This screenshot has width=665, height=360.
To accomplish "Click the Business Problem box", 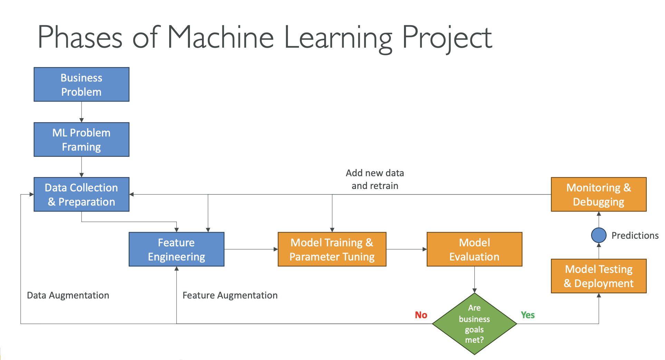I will (81, 84).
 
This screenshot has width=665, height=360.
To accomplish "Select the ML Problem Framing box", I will (81, 140).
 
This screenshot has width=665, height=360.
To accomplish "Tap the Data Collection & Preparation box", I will (81, 195).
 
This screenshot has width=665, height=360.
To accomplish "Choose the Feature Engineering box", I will (176, 249).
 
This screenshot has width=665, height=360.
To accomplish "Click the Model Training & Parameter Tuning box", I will (332, 249).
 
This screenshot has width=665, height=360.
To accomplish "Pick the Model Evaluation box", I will (474, 249).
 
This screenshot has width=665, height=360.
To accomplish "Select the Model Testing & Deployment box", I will (599, 276).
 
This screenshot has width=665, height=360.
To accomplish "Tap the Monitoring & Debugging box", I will (599, 195).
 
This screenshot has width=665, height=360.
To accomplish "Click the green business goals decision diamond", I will (474, 324).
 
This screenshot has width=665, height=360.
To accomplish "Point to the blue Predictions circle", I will (599, 235).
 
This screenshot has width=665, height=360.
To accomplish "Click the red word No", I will (421, 315).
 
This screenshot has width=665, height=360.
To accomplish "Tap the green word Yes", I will (528, 315).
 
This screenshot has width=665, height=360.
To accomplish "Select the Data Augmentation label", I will (68, 295).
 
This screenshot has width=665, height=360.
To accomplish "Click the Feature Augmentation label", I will (230, 295).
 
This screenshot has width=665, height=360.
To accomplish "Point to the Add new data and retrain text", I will (375, 179).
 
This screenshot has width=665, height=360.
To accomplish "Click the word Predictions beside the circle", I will (635, 236).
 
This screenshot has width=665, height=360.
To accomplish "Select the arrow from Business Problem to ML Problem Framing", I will (81, 112).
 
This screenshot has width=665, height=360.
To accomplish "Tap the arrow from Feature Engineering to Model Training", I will (251, 249).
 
